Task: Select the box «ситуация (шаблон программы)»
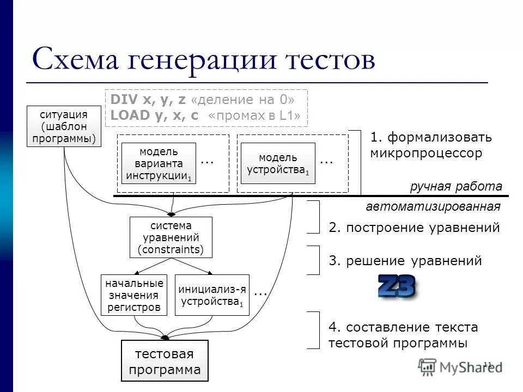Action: point(64,126)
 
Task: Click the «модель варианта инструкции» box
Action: point(159,163)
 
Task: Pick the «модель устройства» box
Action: point(278,163)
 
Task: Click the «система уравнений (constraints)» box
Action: point(171,237)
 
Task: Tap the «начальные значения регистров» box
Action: point(134,295)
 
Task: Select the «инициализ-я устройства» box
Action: point(212,295)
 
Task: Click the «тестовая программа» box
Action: point(164,362)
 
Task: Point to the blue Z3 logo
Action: point(397,287)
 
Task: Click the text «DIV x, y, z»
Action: point(148,100)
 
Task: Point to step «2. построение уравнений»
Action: point(414,228)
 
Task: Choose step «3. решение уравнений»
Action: point(405,261)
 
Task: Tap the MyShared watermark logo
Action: point(460,366)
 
